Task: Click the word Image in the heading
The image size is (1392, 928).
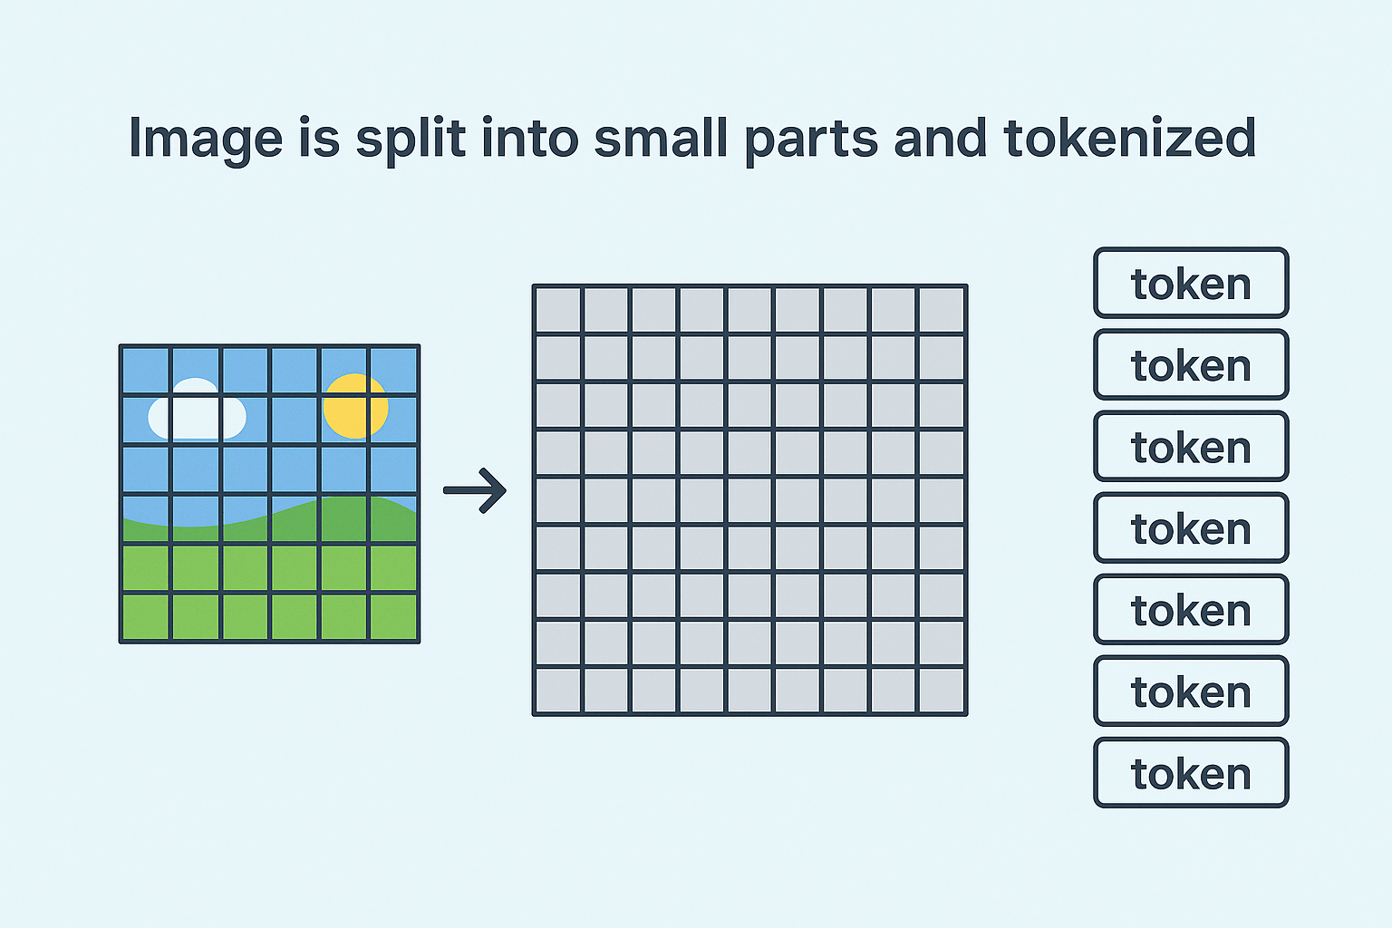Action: (x=205, y=139)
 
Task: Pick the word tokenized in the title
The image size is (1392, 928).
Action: (x=1129, y=138)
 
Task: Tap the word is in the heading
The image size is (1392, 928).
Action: (x=321, y=138)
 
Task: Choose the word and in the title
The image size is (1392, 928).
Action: (x=940, y=138)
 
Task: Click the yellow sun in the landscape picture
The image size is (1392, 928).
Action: (x=355, y=405)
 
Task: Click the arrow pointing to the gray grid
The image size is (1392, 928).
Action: (x=475, y=490)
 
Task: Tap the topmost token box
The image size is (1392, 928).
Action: (x=1191, y=284)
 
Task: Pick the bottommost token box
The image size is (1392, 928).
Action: (x=1191, y=773)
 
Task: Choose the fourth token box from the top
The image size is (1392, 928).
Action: (x=1191, y=528)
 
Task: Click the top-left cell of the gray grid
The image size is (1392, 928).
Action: (x=557, y=310)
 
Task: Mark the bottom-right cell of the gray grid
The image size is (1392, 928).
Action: (x=941, y=691)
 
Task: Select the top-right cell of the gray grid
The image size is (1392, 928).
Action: (x=941, y=310)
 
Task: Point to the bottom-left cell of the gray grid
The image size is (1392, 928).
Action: (x=557, y=691)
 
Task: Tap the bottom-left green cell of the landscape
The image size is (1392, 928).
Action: (x=145, y=617)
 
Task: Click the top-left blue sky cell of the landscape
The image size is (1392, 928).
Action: (x=145, y=371)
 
